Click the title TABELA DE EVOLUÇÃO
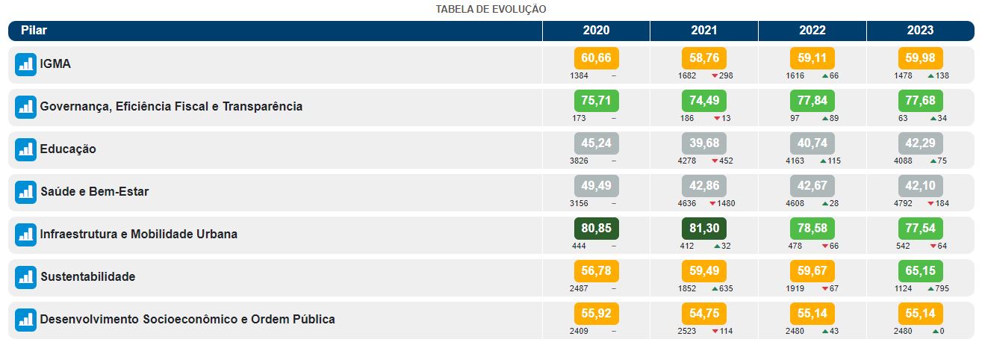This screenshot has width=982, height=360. (491, 9)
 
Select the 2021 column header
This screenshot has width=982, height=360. (703, 31)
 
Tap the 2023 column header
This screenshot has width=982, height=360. (920, 31)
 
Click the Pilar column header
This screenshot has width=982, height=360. (34, 31)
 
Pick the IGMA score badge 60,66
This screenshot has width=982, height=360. (596, 58)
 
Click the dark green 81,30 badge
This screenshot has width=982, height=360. (703, 229)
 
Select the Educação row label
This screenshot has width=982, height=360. (68, 149)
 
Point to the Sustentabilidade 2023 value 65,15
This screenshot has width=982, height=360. (920, 271)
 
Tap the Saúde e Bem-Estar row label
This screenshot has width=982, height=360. (94, 192)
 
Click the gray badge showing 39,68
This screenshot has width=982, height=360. (703, 143)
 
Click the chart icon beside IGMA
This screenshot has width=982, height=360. (25, 65)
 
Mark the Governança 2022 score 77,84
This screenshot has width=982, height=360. (812, 101)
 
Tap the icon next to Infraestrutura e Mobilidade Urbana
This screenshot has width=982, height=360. (25, 235)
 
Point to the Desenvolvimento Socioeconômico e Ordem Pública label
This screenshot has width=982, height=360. (187, 320)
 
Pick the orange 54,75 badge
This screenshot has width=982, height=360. (703, 314)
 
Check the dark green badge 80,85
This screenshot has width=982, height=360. (596, 229)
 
